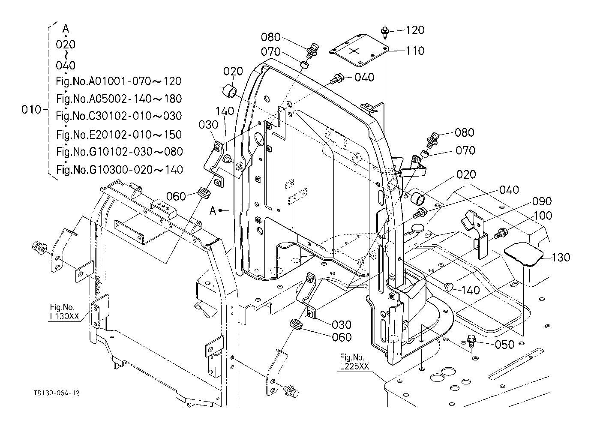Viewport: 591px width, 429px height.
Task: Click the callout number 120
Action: point(415,30)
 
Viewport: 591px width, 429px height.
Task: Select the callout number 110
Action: point(415,51)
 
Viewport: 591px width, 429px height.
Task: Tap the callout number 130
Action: point(561,257)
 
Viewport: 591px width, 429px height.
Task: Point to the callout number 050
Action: point(505,345)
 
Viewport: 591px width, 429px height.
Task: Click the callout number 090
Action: point(542,201)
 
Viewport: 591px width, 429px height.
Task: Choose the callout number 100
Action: point(543,216)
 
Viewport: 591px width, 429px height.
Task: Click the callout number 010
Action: point(31,109)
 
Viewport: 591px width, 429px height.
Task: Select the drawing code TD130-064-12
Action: point(57,393)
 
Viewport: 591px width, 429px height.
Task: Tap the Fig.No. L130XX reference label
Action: point(64,312)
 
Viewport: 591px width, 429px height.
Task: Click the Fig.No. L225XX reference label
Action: point(354,362)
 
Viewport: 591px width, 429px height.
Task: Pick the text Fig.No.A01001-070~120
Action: point(119,81)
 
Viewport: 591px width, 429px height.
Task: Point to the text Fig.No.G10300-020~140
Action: point(120,169)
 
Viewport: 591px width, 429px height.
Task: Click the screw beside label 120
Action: point(384,31)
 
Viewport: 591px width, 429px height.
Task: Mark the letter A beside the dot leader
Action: point(213,210)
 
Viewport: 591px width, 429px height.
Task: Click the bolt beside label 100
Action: point(501,234)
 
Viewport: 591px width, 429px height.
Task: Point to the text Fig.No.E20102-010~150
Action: point(119,135)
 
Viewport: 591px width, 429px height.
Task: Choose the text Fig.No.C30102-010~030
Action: point(119,116)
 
